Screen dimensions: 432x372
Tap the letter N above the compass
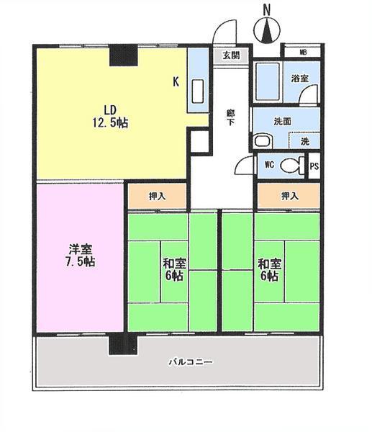pyautogui.click(x=266, y=10)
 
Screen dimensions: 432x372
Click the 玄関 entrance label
pyautogui.click(x=230, y=55)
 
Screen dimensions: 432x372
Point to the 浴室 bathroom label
pyautogui.click(x=301, y=78)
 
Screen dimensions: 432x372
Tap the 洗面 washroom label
pyautogui.click(x=283, y=121)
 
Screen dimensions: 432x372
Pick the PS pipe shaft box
pyautogui.click(x=314, y=166)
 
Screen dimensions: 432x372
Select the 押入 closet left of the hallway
pyautogui.click(x=158, y=196)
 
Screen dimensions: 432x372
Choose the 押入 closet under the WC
pyautogui.click(x=289, y=196)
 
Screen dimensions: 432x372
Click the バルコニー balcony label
pyautogui.click(x=190, y=361)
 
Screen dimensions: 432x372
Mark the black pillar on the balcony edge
pyautogui.click(x=117, y=344)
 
